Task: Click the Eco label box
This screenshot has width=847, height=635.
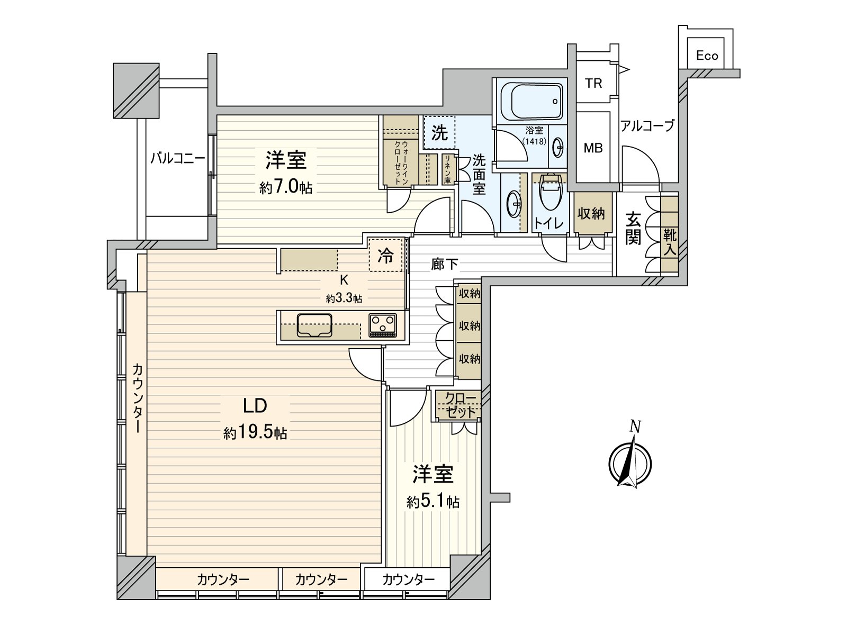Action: (707, 56)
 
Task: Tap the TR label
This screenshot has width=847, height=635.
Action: (593, 83)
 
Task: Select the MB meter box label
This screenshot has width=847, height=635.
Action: (593, 148)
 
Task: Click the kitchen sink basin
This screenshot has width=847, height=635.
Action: (314, 325)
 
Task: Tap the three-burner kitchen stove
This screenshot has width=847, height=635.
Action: (383, 325)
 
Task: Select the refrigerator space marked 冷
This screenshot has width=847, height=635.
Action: (386, 256)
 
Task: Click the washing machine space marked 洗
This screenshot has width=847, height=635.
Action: (439, 133)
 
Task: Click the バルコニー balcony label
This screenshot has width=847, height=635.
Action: (177, 158)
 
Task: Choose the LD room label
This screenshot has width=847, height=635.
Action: (255, 406)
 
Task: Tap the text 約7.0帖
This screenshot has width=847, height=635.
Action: (285, 187)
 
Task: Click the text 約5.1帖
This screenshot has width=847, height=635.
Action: (432, 501)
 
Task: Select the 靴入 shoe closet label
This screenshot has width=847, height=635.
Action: (670, 242)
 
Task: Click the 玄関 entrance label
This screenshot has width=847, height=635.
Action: (633, 229)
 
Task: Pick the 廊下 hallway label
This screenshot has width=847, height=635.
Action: (444, 264)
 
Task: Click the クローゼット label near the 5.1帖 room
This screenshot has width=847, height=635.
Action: (459, 405)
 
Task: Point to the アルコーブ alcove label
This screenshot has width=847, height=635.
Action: (647, 126)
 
